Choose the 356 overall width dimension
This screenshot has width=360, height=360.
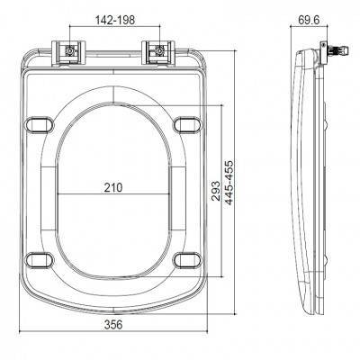pyautogui.click(x=112, y=324)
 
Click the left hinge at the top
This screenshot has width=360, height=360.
pyautogui.click(x=69, y=52)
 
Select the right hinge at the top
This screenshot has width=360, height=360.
pyautogui.click(x=158, y=52)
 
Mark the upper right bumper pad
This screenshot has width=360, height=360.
pyautogui.click(x=185, y=123)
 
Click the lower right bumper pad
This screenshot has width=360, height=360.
pyautogui.click(x=185, y=260)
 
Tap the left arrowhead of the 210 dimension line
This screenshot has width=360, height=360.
pyautogui.click(x=58, y=195)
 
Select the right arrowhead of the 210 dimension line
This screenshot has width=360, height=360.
pyautogui.click(x=170, y=195)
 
